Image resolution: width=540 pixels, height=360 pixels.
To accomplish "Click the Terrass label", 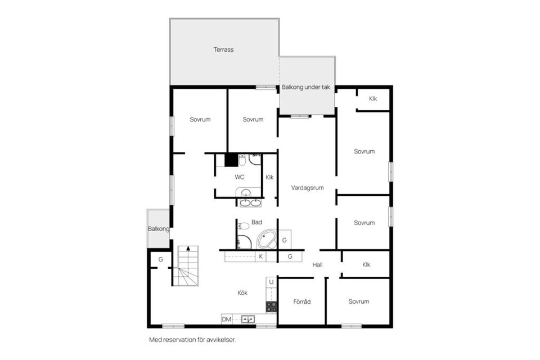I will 223,49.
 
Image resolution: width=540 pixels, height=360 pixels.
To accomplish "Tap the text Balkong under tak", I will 306,87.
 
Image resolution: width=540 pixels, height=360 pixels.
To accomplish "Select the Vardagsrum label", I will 307,188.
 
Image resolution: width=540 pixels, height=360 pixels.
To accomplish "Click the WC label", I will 240,177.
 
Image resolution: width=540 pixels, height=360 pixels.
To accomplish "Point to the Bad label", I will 256,222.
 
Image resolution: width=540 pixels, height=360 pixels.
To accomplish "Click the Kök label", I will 242,292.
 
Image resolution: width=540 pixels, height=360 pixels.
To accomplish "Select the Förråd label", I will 302,302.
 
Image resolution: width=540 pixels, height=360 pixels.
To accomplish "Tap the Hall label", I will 317,265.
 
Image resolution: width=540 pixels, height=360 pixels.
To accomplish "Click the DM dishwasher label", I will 226,319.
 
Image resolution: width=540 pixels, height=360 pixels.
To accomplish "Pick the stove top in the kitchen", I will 271,307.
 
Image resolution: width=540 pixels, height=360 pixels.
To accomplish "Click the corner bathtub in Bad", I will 267,239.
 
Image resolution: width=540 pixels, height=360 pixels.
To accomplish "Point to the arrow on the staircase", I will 188,248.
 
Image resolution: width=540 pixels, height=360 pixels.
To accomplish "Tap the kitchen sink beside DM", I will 247,319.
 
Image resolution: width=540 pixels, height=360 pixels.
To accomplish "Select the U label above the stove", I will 271,282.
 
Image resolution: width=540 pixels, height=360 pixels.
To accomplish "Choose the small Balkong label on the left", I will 159,229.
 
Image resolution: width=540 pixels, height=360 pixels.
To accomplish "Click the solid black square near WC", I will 231,160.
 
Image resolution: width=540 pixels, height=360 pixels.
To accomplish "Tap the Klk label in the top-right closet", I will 373,99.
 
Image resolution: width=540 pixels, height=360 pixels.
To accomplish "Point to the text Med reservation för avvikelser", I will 192,340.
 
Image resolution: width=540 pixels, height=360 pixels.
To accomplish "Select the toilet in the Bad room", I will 244,226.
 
